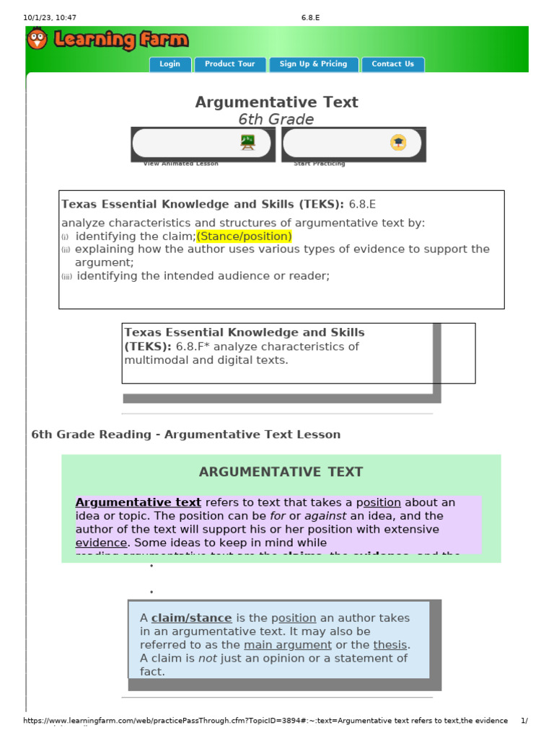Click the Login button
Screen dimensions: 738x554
pyautogui.click(x=170, y=64)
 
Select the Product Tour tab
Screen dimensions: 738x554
pyautogui.click(x=230, y=64)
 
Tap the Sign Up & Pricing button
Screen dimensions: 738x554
pyautogui.click(x=313, y=64)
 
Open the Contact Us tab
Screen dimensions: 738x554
pyautogui.click(x=392, y=64)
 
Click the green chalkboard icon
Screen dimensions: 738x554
pyautogui.click(x=247, y=143)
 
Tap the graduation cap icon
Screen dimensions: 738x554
pyautogui.click(x=398, y=143)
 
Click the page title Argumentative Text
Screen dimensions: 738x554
pyautogui.click(x=276, y=102)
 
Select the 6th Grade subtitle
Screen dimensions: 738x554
pyautogui.click(x=276, y=120)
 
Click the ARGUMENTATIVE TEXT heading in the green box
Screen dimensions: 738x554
pyautogui.click(x=281, y=472)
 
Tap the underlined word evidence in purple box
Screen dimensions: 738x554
pyautogui.click(x=102, y=543)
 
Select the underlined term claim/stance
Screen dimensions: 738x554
pyautogui.click(x=191, y=618)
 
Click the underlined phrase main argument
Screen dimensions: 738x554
pyautogui.click(x=288, y=645)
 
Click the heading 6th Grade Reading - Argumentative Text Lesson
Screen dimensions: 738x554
pyautogui.click(x=186, y=435)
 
